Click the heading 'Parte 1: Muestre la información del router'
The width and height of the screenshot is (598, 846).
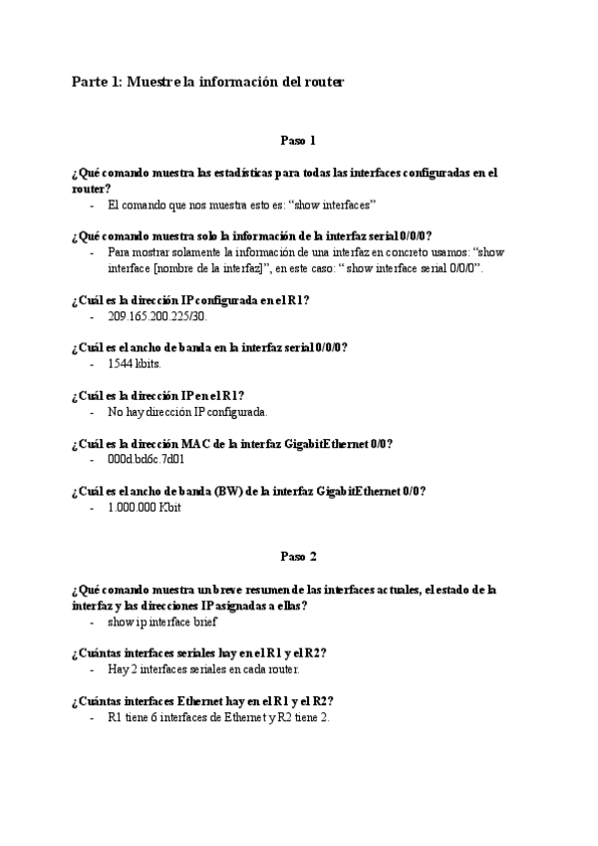click(x=207, y=82)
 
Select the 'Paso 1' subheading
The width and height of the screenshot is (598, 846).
click(x=298, y=141)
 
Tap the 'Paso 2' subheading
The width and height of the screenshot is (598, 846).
click(x=298, y=557)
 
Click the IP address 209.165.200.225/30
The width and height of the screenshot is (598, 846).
click(x=156, y=316)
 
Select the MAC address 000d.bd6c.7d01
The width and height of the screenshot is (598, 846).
click(x=146, y=460)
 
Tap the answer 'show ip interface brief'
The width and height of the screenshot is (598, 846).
click(x=161, y=622)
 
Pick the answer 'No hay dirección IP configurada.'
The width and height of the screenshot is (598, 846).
click(x=187, y=412)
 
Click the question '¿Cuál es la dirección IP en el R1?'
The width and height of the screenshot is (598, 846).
click(x=158, y=395)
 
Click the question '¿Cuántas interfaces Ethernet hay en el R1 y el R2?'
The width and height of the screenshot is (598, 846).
click(x=202, y=700)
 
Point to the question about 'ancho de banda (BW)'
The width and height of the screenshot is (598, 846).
click(x=249, y=491)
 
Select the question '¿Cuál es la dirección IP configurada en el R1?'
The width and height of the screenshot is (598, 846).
click(x=190, y=299)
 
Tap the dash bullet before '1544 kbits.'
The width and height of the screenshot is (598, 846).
click(x=92, y=364)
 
